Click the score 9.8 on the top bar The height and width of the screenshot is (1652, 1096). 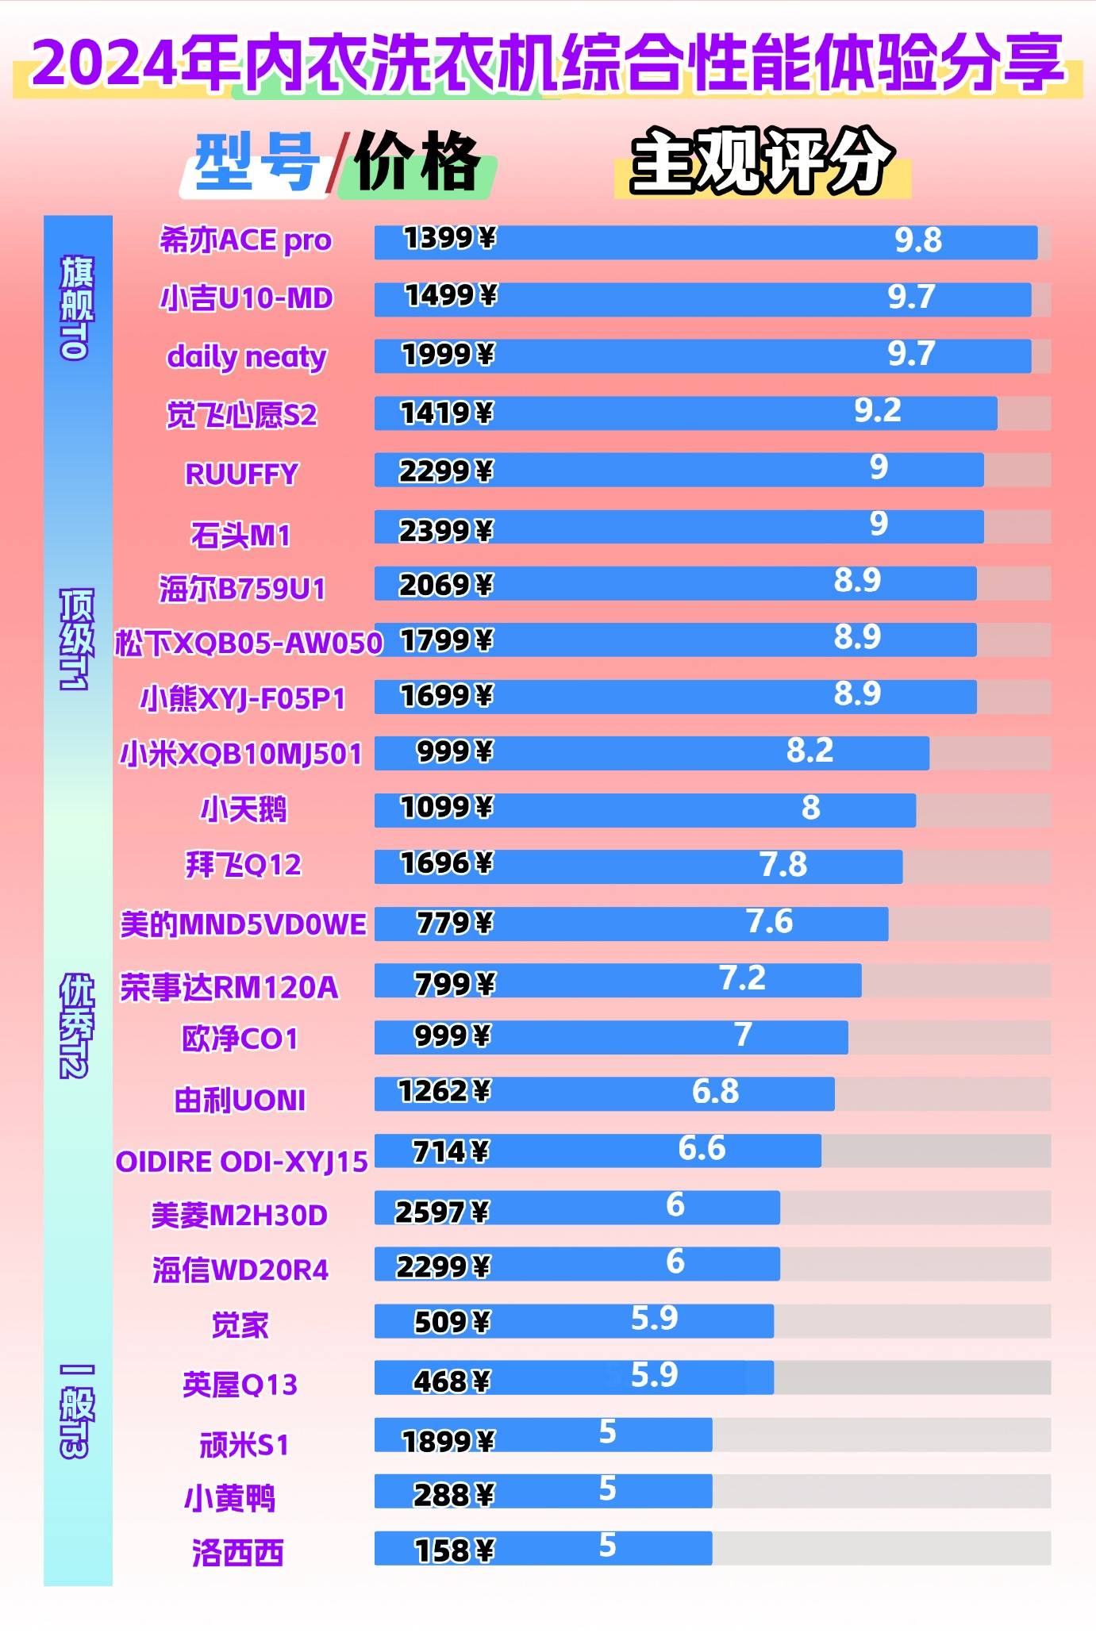point(918,240)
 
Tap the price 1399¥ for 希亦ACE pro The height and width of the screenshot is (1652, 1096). point(449,238)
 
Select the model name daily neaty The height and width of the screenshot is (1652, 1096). point(246,357)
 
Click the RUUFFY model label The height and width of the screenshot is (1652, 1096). point(241,474)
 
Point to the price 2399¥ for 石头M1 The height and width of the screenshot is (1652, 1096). point(445,531)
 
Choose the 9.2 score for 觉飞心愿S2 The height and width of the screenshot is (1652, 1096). point(878,411)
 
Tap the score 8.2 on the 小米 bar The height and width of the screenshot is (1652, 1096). point(810,751)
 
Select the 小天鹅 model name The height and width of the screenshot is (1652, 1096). point(243,809)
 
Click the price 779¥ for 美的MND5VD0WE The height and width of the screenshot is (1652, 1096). point(455,923)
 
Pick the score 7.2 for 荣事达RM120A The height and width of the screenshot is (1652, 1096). point(742,979)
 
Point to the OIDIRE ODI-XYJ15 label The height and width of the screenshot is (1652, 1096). point(241,1162)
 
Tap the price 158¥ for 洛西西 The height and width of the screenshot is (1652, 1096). point(455,1550)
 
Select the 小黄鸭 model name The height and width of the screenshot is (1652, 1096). point(229,1499)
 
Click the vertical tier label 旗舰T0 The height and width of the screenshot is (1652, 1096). point(77,308)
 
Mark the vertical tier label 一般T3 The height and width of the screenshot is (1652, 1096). point(77,1412)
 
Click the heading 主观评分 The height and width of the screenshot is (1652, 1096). point(761,162)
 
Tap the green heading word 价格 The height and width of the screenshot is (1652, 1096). point(417,163)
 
